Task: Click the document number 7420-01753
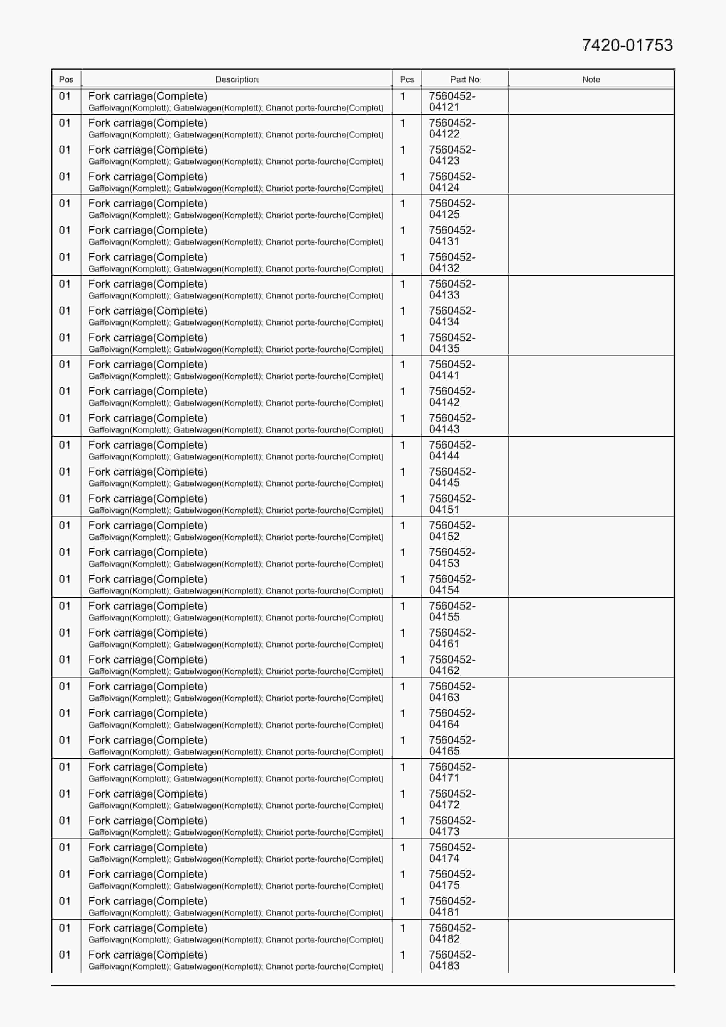[x=627, y=45]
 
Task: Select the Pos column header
[x=66, y=80]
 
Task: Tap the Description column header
[x=236, y=80]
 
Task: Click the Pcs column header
[x=406, y=80]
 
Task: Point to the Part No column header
[x=465, y=80]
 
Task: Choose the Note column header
[x=591, y=80]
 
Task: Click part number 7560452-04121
[x=452, y=102]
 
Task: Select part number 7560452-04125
[x=452, y=209]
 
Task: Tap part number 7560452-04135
[x=452, y=343]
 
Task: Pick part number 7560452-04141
[x=452, y=370]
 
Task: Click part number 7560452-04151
[x=452, y=504]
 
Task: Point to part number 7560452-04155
[x=452, y=611]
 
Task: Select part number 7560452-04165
[x=452, y=746]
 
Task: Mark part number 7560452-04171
[x=452, y=772]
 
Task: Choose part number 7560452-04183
[x=452, y=960]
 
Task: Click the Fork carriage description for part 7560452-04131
[x=148, y=230]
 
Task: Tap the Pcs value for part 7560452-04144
[x=402, y=445]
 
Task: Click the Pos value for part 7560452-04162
[x=65, y=660]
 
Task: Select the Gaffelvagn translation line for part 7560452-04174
[x=236, y=859]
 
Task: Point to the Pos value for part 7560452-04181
[x=65, y=901]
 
